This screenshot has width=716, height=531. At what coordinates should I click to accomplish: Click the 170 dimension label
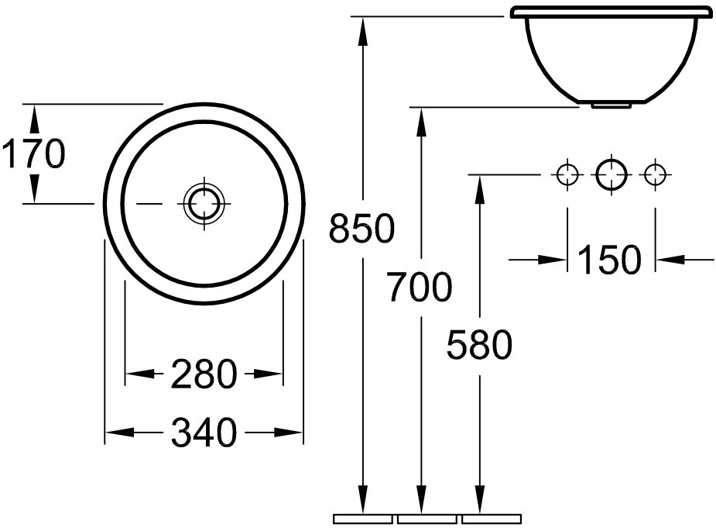[x=34, y=153]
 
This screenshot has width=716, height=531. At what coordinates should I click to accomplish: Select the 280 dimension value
[x=204, y=374]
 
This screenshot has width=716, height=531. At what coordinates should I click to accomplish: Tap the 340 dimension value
[x=204, y=433]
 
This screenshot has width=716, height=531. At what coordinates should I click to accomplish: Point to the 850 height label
[x=361, y=228]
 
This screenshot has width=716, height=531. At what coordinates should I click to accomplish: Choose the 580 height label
[x=479, y=344]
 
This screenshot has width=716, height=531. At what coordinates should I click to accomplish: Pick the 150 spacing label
[x=610, y=260]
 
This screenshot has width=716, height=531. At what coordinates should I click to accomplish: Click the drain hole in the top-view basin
[x=204, y=203]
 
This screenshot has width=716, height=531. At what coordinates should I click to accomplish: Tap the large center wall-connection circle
[x=612, y=174]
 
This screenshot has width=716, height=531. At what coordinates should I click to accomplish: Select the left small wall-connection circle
[x=567, y=174]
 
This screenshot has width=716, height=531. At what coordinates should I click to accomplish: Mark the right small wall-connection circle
[x=656, y=174]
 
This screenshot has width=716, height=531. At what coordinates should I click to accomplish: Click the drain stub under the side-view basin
[x=612, y=105]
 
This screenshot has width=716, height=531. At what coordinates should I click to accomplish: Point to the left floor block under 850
[x=363, y=519]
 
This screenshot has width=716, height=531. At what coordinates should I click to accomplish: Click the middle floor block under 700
[x=427, y=519]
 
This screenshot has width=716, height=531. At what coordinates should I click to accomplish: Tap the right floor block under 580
[x=492, y=519]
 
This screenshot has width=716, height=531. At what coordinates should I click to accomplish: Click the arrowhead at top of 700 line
[x=421, y=122]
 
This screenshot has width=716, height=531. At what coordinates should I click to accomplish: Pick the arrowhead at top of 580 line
[x=479, y=189]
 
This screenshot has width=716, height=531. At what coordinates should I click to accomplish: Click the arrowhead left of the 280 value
[x=140, y=374]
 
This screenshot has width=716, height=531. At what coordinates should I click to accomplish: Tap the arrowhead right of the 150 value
[x=670, y=260]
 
